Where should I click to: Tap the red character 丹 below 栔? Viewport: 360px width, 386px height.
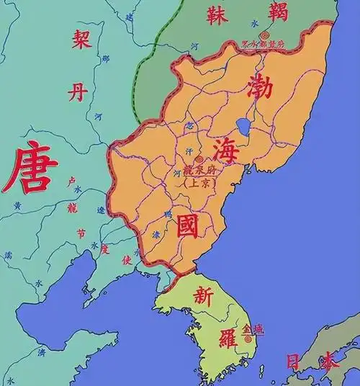point(78,91)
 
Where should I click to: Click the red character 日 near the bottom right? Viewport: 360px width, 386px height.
point(294,360)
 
